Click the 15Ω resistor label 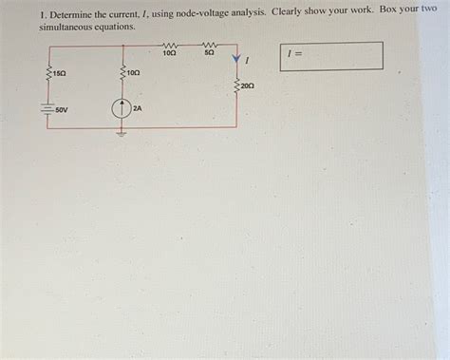point(58,72)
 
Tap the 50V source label point(61,110)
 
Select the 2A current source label point(138,108)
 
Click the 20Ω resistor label point(247,85)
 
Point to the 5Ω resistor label point(209,53)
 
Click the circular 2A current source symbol point(121,108)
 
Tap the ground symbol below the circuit point(121,132)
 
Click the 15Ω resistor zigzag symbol point(46,72)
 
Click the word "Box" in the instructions point(384,9)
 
